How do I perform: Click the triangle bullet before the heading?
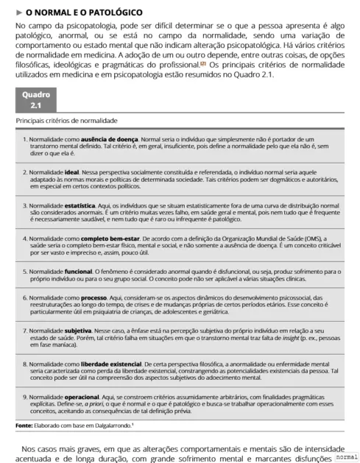pos(18,13)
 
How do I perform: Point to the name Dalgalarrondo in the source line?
pos(109,425)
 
